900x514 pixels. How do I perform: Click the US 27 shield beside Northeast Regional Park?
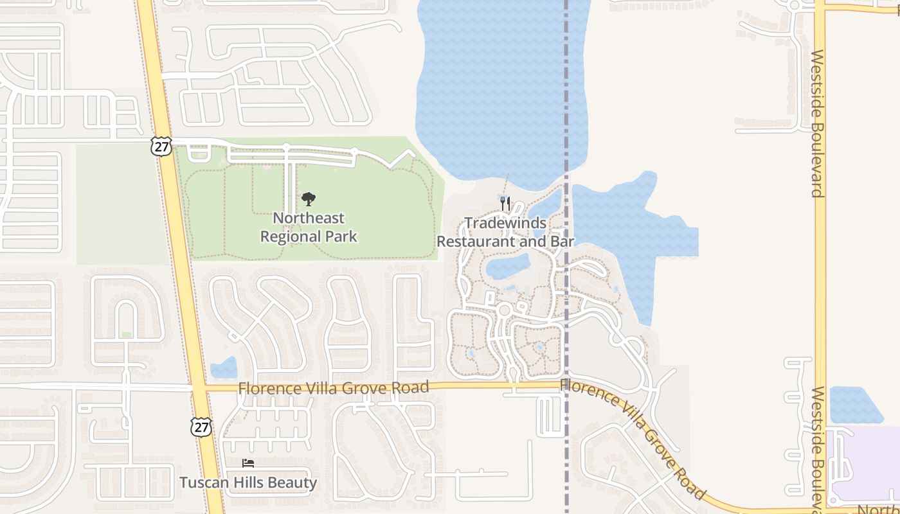coord(162,146)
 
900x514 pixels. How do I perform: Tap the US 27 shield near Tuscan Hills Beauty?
coord(201,426)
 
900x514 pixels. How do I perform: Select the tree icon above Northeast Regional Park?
coord(309,199)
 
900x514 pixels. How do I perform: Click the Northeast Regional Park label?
coord(309,227)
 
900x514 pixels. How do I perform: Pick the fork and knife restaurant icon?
coord(505,204)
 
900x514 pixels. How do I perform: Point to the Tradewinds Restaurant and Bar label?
coord(505,233)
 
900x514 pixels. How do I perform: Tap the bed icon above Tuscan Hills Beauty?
coord(248,463)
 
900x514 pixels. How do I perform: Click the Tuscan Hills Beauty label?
coord(248,483)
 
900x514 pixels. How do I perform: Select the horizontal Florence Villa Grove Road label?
coord(333,388)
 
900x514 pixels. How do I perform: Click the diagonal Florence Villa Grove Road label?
coord(633,438)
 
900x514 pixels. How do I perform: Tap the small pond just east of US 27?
coord(224,368)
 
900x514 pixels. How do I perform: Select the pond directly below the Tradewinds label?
coord(508,266)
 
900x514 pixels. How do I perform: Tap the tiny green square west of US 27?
coord(127,335)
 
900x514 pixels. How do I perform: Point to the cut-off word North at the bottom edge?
coord(879,509)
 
